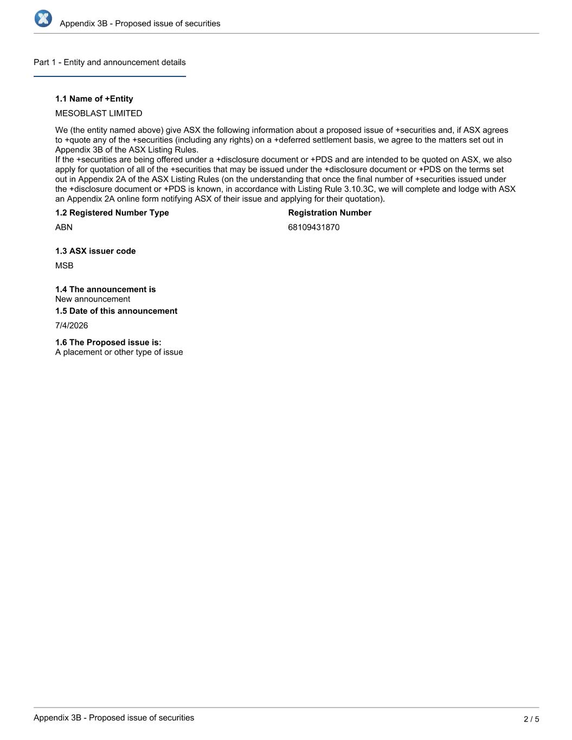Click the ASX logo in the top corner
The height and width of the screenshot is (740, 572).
coord(43,18)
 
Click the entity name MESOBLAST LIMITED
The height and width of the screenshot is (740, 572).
coord(99,113)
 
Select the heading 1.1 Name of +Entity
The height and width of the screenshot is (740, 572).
coord(94,99)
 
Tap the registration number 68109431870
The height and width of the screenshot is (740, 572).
coord(314,227)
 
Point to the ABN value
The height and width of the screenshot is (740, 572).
coord(64,227)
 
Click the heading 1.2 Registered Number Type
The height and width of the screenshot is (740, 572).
coord(112,213)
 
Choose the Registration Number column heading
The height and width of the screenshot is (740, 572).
coord(330,213)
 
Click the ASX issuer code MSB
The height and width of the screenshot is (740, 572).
coord(64,266)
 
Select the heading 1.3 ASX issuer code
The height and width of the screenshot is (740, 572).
coord(95,251)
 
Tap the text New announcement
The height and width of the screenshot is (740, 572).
coord(93,299)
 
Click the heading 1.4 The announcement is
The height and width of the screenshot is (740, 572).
coord(105,289)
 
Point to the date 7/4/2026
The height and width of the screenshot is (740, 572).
coord(72,325)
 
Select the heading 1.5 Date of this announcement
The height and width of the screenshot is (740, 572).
coord(116,311)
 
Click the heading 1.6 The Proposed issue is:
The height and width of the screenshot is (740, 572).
coord(108,343)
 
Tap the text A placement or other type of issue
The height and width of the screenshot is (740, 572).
coord(119,352)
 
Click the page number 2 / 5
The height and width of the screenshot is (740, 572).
coord(531,719)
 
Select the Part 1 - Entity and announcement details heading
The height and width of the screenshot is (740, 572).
coord(110,62)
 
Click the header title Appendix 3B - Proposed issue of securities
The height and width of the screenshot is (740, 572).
coord(140,23)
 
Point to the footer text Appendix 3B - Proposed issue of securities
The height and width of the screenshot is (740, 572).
coord(114,718)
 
